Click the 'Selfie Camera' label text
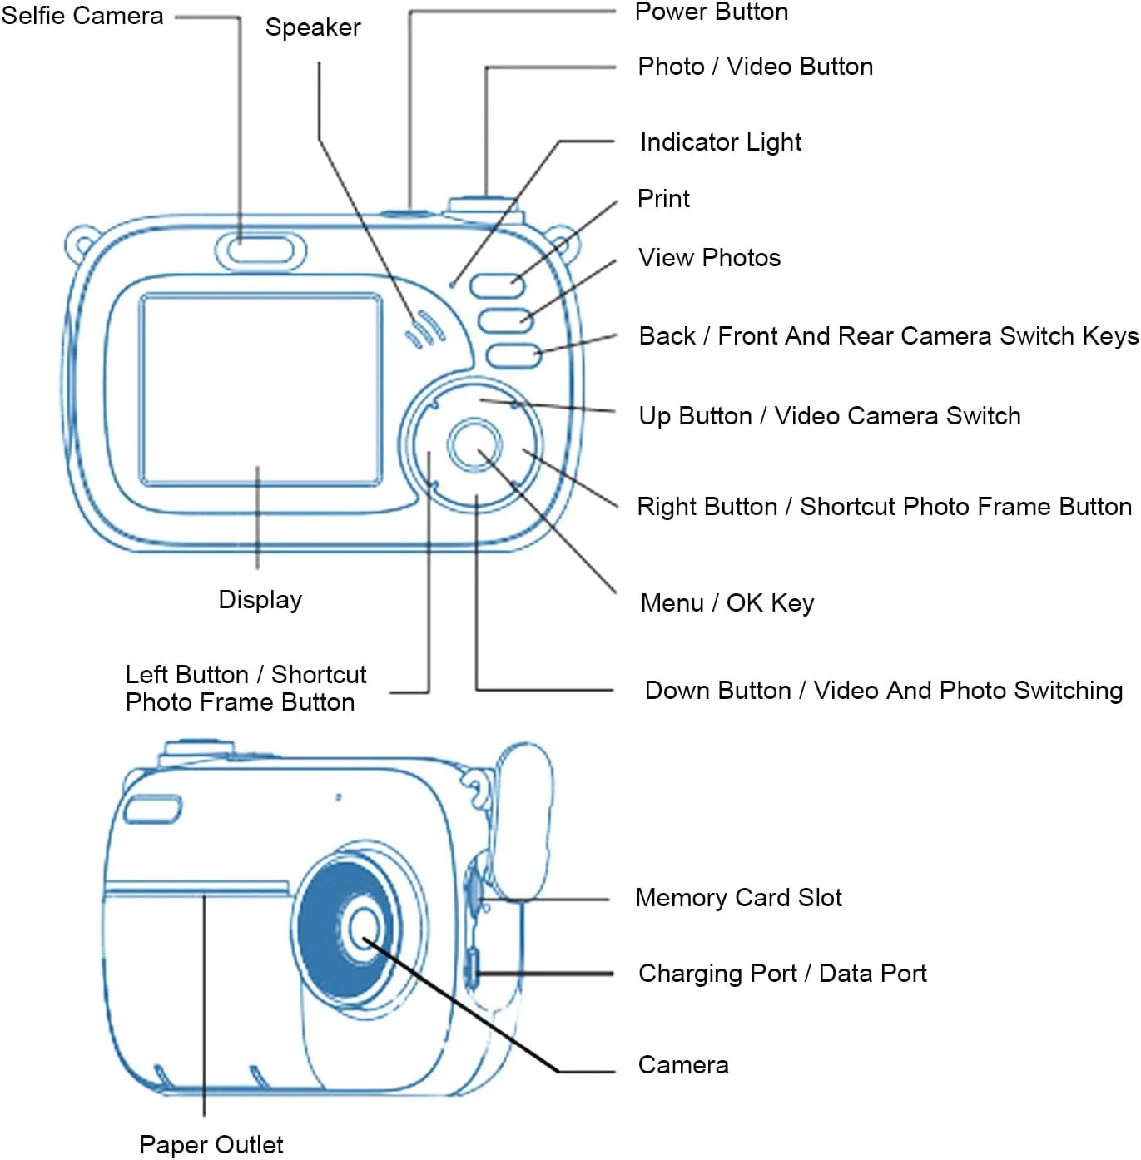point(82,16)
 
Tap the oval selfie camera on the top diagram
point(260,250)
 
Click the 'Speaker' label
point(313,27)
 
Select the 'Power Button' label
point(712,12)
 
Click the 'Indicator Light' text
point(721,142)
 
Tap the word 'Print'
point(663,199)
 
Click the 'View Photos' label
point(709,258)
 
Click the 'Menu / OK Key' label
point(727,603)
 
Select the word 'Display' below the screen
point(260,600)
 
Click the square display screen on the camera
point(260,389)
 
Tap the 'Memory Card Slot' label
point(738,898)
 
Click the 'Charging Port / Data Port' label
point(782,974)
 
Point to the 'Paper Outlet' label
point(211,1145)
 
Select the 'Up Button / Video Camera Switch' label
point(829,416)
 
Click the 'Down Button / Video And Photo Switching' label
point(883,691)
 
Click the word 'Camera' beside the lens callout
point(682,1065)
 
